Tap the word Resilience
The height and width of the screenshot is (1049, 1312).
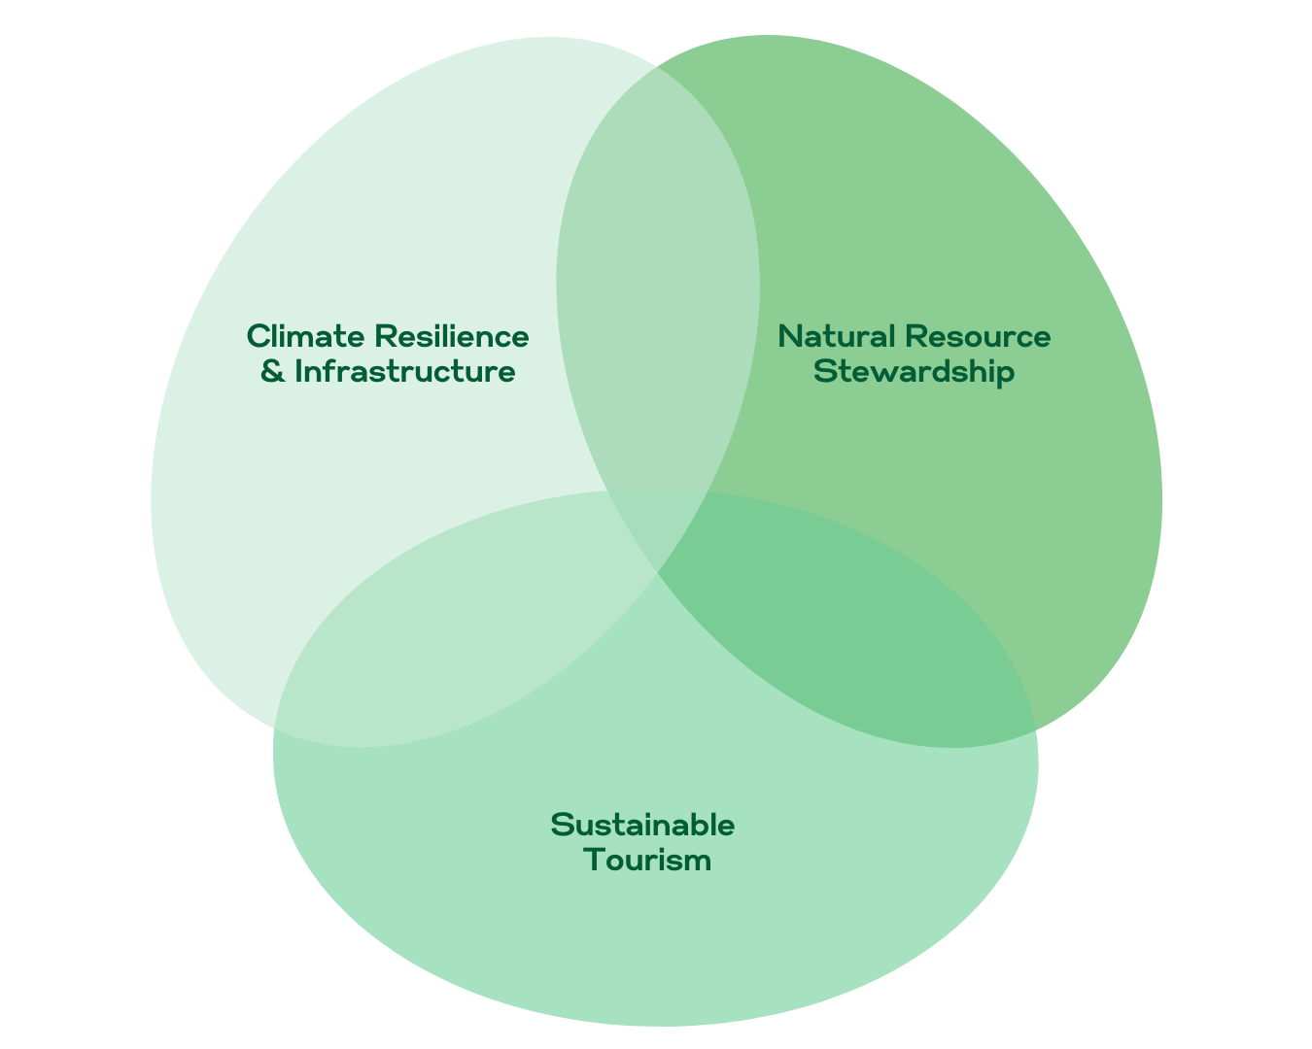452,336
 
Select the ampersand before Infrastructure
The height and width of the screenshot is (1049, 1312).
273,371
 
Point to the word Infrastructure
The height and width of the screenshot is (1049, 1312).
404,371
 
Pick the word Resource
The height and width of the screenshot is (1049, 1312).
977,336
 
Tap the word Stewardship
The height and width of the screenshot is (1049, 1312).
915,371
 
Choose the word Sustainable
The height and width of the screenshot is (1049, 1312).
642,825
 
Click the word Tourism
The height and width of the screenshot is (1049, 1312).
648,860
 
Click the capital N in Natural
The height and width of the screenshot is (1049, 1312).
790,336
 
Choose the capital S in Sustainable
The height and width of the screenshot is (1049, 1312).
562,825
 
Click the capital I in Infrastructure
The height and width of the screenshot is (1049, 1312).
298,371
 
